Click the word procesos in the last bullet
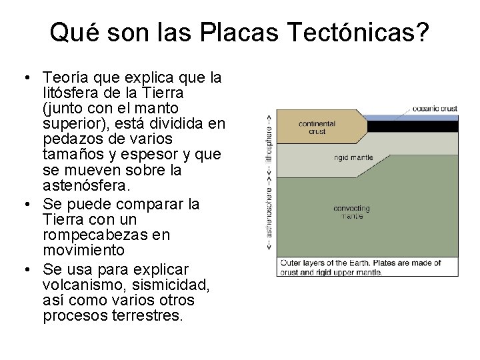click(x=73, y=315)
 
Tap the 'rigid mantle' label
click(x=353, y=158)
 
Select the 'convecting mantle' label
click(x=352, y=213)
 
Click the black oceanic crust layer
click(x=413, y=125)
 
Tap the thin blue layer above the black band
click(x=413, y=117)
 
